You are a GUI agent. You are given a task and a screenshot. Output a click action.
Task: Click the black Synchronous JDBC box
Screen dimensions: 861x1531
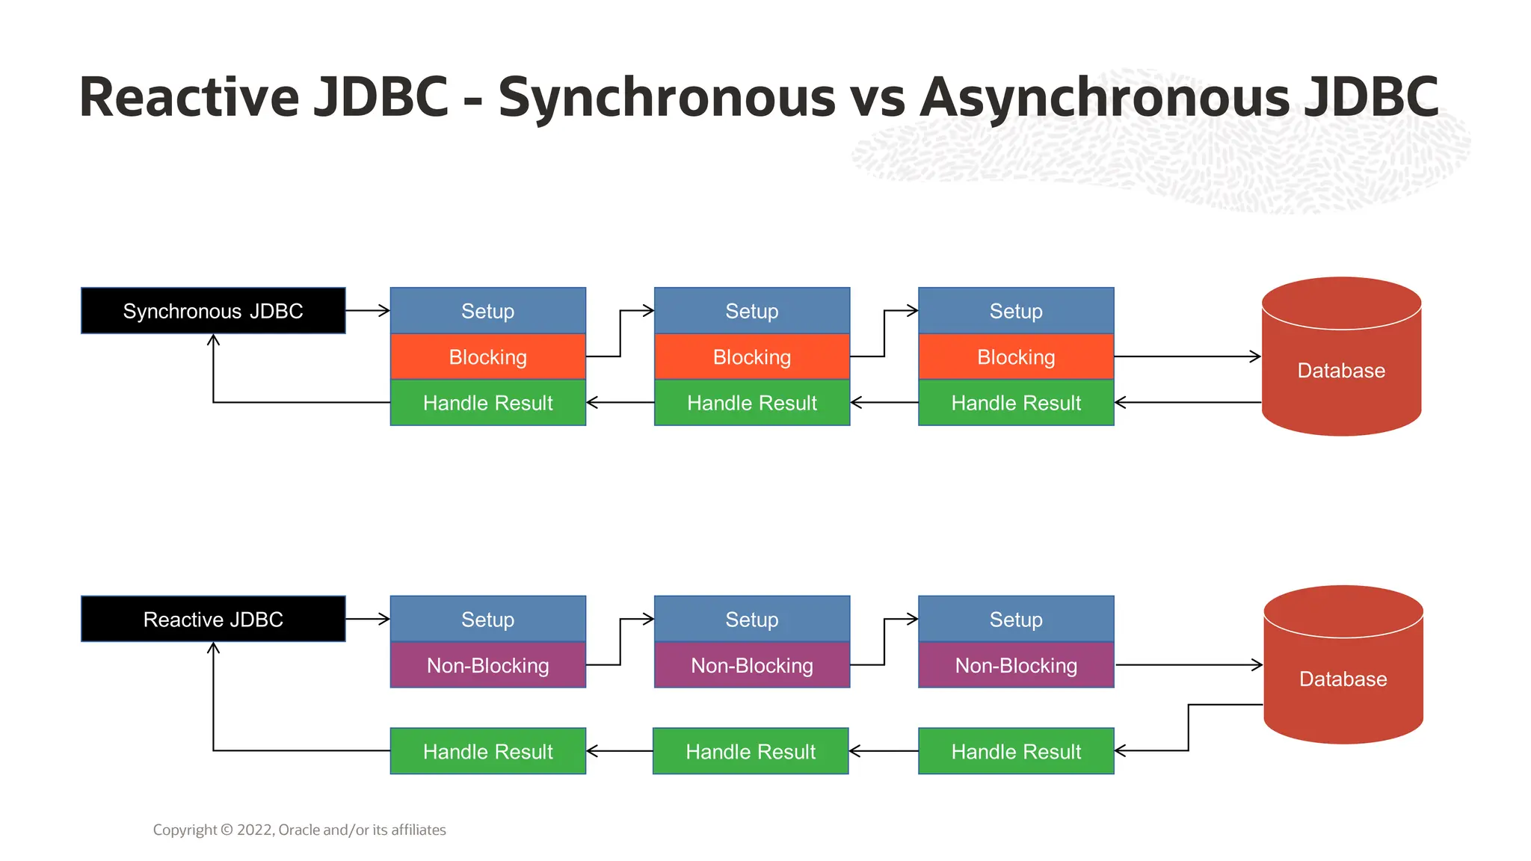pyautogui.click(x=213, y=310)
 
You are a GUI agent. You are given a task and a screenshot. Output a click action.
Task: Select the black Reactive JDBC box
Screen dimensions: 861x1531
pyautogui.click(x=213, y=619)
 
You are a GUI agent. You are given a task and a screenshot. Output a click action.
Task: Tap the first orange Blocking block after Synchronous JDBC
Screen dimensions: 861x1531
pyautogui.click(x=487, y=357)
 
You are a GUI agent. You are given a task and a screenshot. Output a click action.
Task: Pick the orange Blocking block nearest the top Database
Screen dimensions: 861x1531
pyautogui.click(x=1016, y=357)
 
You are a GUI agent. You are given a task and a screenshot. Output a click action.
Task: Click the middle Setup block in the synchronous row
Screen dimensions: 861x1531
pyautogui.click(x=752, y=310)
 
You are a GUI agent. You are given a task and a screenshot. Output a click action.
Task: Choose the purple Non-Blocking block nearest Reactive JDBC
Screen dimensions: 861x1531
pyautogui.click(x=487, y=665)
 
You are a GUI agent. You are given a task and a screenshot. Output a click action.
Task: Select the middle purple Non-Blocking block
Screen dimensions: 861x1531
pyautogui.click(x=752, y=665)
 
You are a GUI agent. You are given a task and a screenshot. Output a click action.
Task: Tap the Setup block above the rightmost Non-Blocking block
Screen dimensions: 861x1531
pyautogui.click(x=1016, y=619)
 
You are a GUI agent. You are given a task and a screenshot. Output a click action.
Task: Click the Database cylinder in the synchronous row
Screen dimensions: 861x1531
pyautogui.click(x=1341, y=370)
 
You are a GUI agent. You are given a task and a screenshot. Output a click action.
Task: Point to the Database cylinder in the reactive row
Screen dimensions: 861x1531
pyautogui.click(x=1343, y=679)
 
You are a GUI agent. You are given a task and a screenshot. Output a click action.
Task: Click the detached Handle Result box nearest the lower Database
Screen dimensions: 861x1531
pyautogui.click(x=1016, y=751)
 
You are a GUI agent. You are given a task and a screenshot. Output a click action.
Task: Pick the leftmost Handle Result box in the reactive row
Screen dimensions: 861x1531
pyautogui.click(x=487, y=751)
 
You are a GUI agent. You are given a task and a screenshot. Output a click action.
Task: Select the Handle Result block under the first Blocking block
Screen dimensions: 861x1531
pyautogui.click(x=487, y=403)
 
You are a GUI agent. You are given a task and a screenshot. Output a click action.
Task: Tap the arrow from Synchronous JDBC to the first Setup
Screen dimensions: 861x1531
pyautogui.click(x=368, y=310)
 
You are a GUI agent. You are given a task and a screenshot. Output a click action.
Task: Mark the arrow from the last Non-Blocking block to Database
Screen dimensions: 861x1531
pyautogui.click(x=1189, y=664)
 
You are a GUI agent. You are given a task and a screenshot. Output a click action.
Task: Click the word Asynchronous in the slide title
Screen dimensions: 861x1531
pyautogui.click(x=1104, y=97)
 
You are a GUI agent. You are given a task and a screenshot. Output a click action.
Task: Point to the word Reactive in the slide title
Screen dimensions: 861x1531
pyautogui.click(x=188, y=97)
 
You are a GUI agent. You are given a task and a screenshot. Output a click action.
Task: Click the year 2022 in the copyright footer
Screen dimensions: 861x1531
pyautogui.click(x=255, y=830)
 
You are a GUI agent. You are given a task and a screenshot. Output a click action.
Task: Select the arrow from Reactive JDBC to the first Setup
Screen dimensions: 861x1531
pyautogui.click(x=368, y=619)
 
